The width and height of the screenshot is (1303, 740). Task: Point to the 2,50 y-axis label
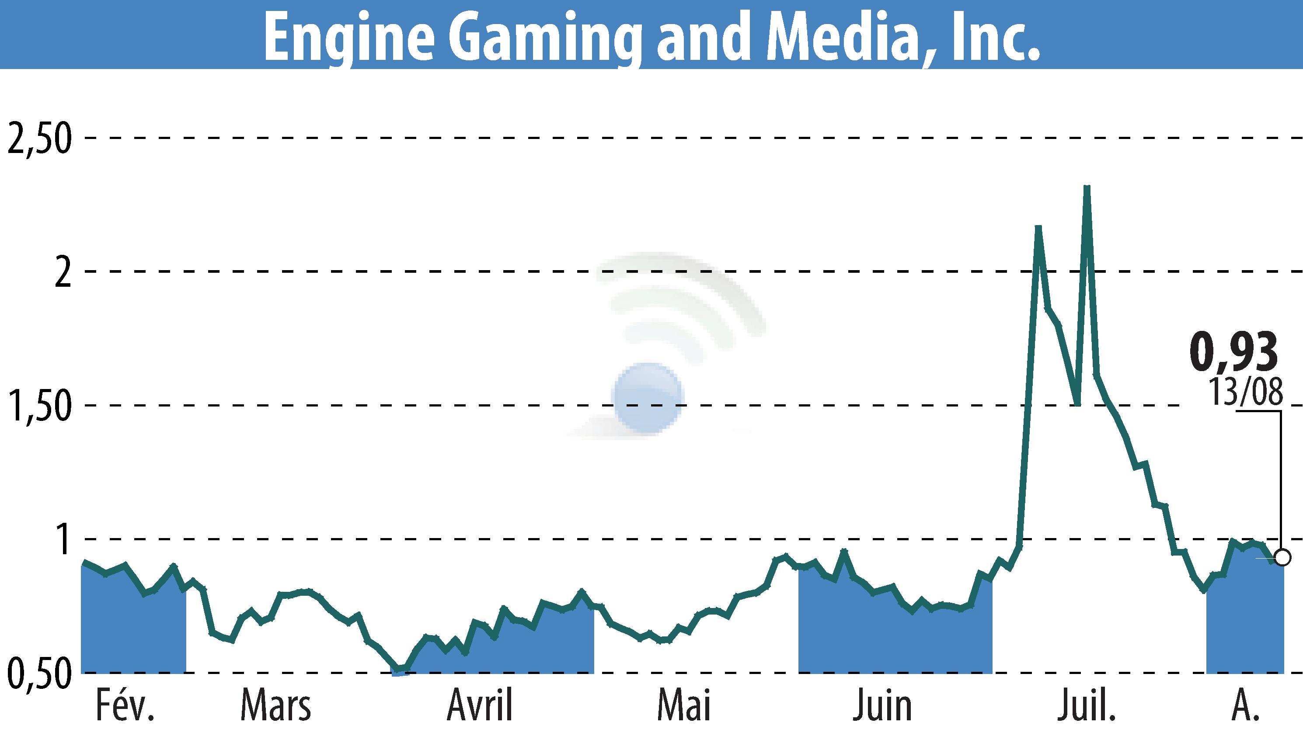(x=38, y=139)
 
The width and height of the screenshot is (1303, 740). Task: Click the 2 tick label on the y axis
(x=62, y=272)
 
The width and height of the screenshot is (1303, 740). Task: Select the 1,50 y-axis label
(x=38, y=406)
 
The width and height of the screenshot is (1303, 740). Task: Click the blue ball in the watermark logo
(x=648, y=398)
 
